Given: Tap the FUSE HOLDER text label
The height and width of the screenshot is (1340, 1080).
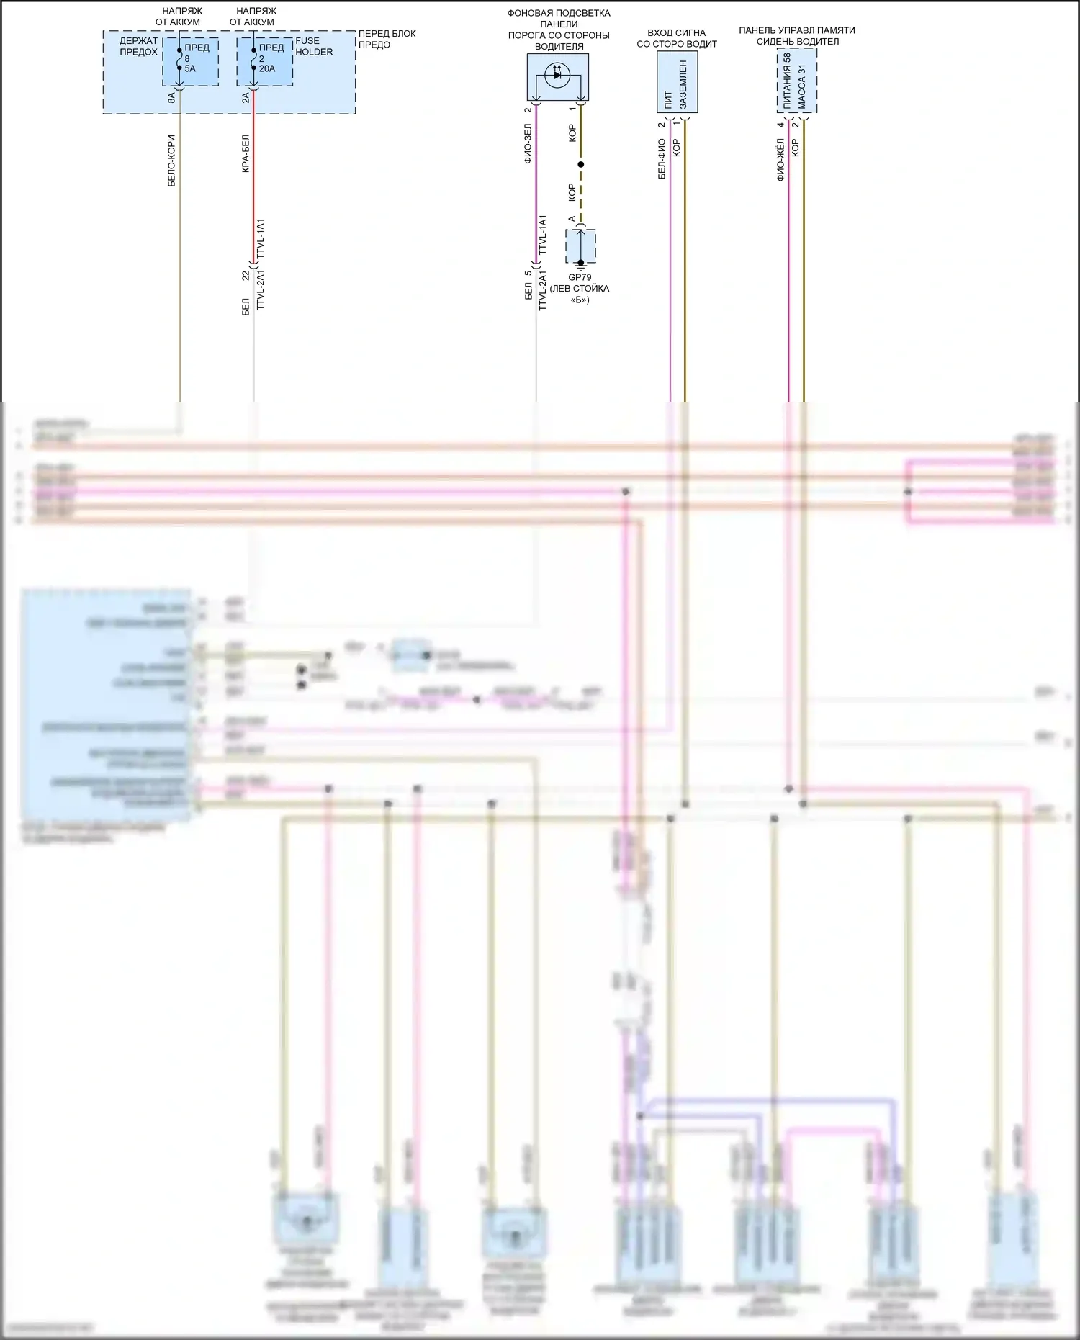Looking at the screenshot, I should tap(314, 46).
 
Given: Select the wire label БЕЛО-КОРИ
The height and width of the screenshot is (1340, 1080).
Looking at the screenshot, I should tap(171, 161).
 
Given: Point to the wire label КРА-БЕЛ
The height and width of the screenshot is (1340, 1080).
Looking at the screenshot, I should tap(246, 153).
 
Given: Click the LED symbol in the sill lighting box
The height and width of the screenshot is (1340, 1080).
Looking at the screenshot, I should tap(557, 75).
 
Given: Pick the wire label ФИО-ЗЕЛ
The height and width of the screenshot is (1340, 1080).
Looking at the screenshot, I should tap(528, 143).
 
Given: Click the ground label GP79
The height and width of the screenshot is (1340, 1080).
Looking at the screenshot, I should tap(580, 277).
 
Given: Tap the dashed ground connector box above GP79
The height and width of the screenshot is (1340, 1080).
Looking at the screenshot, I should tap(580, 247).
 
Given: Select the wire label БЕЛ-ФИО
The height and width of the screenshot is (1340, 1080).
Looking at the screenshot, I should tap(662, 158).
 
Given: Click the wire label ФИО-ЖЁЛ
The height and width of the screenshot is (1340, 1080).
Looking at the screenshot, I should tap(780, 160).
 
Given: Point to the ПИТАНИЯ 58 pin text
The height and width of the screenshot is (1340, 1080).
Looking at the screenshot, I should tap(787, 81).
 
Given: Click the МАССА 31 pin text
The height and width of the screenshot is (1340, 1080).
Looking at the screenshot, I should tap(802, 87).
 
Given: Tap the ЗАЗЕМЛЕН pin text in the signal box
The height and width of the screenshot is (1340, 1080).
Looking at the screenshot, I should tap(683, 84).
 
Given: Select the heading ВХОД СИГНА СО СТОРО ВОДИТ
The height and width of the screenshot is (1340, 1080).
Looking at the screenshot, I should tap(677, 38).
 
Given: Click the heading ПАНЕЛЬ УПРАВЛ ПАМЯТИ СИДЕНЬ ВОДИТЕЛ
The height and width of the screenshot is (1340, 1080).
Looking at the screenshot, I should tap(797, 36).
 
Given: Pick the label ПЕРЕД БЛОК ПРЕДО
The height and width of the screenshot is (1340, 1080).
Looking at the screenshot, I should tap(387, 39).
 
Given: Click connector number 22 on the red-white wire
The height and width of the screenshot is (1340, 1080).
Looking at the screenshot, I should tap(246, 276).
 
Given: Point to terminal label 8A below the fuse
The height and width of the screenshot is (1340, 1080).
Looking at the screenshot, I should tap(171, 97).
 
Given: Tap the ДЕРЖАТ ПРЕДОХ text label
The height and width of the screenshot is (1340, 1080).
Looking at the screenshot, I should tap(138, 46).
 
